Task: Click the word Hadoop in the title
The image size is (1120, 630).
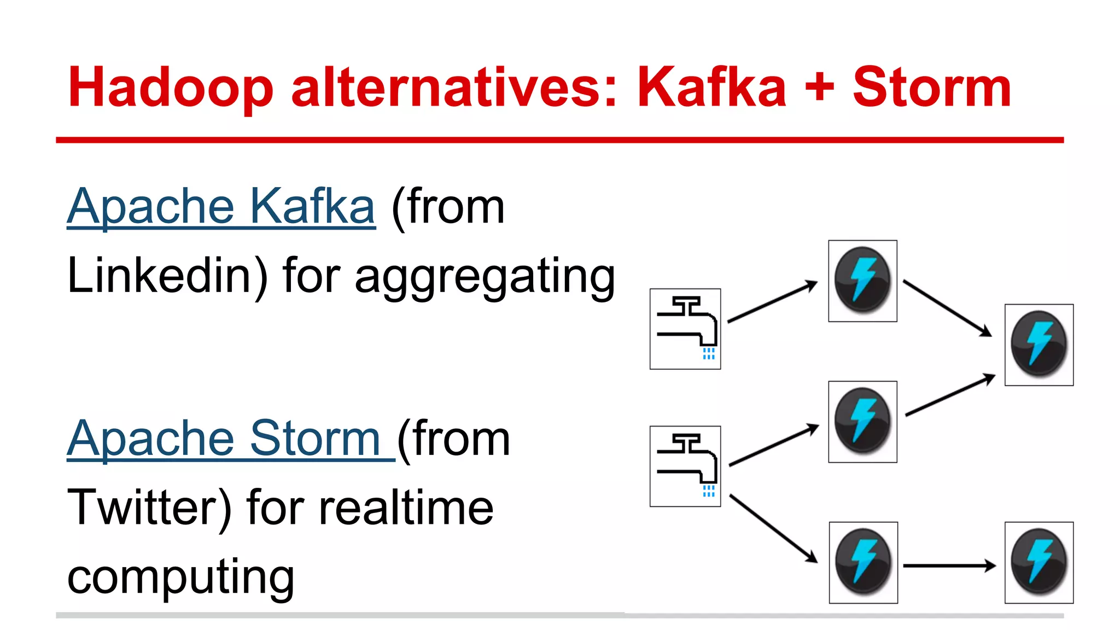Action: [170, 87]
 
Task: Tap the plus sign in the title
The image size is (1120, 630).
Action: [819, 87]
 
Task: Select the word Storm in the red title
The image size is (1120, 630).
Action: [932, 87]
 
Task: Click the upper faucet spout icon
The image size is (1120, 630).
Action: [685, 329]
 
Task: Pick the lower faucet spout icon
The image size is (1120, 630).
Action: [685, 466]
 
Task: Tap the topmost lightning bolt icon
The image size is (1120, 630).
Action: [862, 281]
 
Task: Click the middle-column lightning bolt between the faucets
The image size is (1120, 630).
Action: [862, 422]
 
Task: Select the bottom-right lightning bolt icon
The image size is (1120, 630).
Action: [1039, 562]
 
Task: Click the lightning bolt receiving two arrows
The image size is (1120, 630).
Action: [1039, 345]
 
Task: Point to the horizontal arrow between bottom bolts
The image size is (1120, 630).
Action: [949, 565]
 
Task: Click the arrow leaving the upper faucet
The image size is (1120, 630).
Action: [772, 302]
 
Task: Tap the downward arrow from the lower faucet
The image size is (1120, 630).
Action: [773, 528]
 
